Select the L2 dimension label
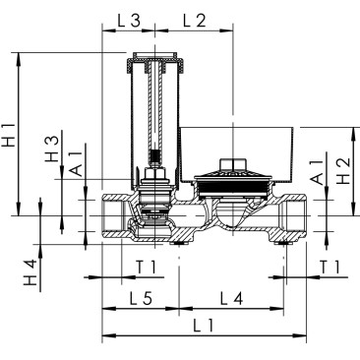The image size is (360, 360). pyautogui.click(x=193, y=21)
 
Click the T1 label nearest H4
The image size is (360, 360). pyautogui.click(x=146, y=268)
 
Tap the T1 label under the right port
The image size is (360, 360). pyautogui.click(x=330, y=268)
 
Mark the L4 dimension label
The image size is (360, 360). pyautogui.click(x=231, y=297)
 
